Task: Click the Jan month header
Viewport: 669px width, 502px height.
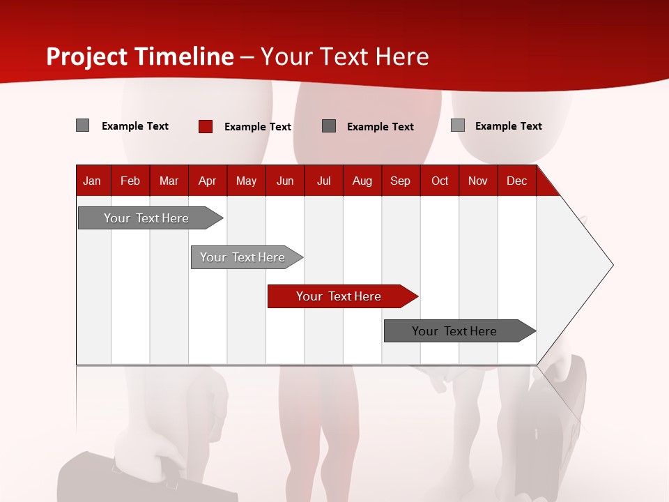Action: (92, 181)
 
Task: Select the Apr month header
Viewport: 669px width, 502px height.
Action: (207, 181)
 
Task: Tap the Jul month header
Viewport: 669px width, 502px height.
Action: (323, 181)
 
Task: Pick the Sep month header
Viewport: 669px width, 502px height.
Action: (400, 181)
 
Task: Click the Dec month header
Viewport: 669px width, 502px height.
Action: (516, 181)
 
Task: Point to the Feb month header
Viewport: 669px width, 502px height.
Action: (130, 181)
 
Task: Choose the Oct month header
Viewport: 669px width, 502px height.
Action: (440, 181)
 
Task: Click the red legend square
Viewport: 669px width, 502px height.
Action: (205, 126)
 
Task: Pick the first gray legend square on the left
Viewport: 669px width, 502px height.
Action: (82, 125)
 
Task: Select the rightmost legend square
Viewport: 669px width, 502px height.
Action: (457, 125)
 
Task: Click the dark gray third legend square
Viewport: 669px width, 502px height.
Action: (329, 126)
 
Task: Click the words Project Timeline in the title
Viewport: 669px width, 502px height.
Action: (139, 56)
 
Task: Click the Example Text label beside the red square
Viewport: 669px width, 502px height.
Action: (257, 127)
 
